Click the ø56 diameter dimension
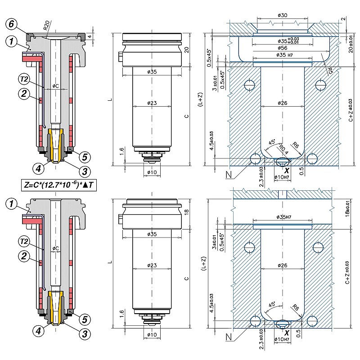click(283, 47)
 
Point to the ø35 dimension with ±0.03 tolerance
click(283, 40)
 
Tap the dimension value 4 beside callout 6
click(90, 36)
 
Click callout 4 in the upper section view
click(39, 168)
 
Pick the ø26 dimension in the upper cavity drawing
click(283, 103)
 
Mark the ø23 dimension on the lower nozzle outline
click(152, 266)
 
